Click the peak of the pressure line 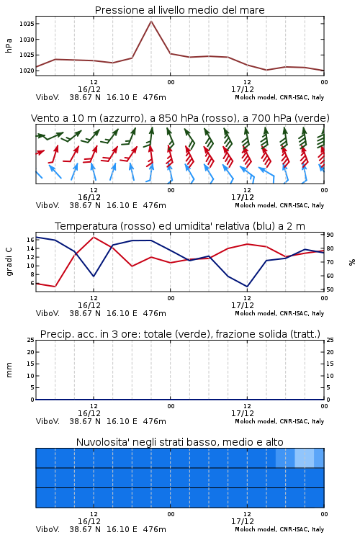151,22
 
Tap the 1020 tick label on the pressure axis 27,71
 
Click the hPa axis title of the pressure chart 9,45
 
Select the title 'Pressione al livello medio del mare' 180,10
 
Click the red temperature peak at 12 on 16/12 94,237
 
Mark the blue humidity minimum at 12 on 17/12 247,286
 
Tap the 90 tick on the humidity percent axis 330,235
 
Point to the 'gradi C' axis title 9,262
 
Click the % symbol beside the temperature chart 352,262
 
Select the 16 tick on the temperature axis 30,240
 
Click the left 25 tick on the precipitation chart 31,340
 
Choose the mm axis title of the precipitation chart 9,370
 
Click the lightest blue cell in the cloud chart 305,458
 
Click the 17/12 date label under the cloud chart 243,521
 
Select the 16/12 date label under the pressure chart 89,89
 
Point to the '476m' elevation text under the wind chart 154,205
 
